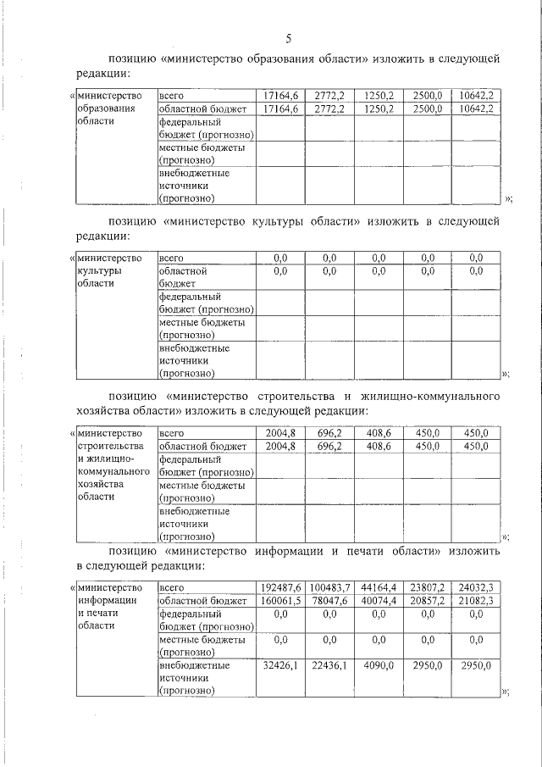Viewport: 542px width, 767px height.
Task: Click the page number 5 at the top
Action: (288, 39)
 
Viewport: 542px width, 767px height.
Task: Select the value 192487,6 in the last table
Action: (279, 586)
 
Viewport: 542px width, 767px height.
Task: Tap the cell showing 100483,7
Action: (329, 586)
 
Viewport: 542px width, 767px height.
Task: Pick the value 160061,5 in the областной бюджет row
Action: (279, 600)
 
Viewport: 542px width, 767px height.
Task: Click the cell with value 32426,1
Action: (280, 666)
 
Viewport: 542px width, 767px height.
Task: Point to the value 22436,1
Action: (329, 666)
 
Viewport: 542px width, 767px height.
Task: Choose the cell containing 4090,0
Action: (378, 666)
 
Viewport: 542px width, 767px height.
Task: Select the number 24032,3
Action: (475, 586)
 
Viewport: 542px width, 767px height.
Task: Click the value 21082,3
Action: (475, 600)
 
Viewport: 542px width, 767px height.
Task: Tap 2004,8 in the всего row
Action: (280, 432)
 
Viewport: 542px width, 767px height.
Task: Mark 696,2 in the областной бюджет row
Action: (329, 446)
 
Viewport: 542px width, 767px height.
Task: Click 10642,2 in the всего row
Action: (475, 95)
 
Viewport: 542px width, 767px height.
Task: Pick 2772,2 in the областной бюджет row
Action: (329, 108)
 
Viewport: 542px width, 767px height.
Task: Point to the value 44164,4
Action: (378, 586)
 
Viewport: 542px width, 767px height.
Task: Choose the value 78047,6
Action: (329, 600)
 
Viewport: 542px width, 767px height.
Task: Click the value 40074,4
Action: (378, 600)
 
